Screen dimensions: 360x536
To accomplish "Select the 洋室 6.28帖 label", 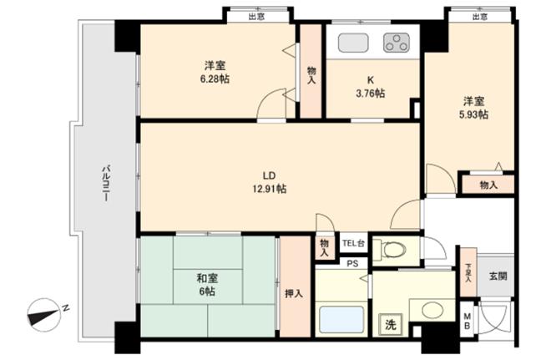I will pyautogui.click(x=215, y=72).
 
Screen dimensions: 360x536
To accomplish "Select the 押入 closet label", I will pyautogui.click(x=294, y=293).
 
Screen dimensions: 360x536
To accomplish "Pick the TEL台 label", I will pyautogui.click(x=353, y=244).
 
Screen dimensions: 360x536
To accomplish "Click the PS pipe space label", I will pyautogui.click(x=353, y=263).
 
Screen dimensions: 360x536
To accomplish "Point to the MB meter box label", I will pyautogui.click(x=467, y=321).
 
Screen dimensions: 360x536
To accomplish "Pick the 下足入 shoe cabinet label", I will pyautogui.click(x=468, y=272).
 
